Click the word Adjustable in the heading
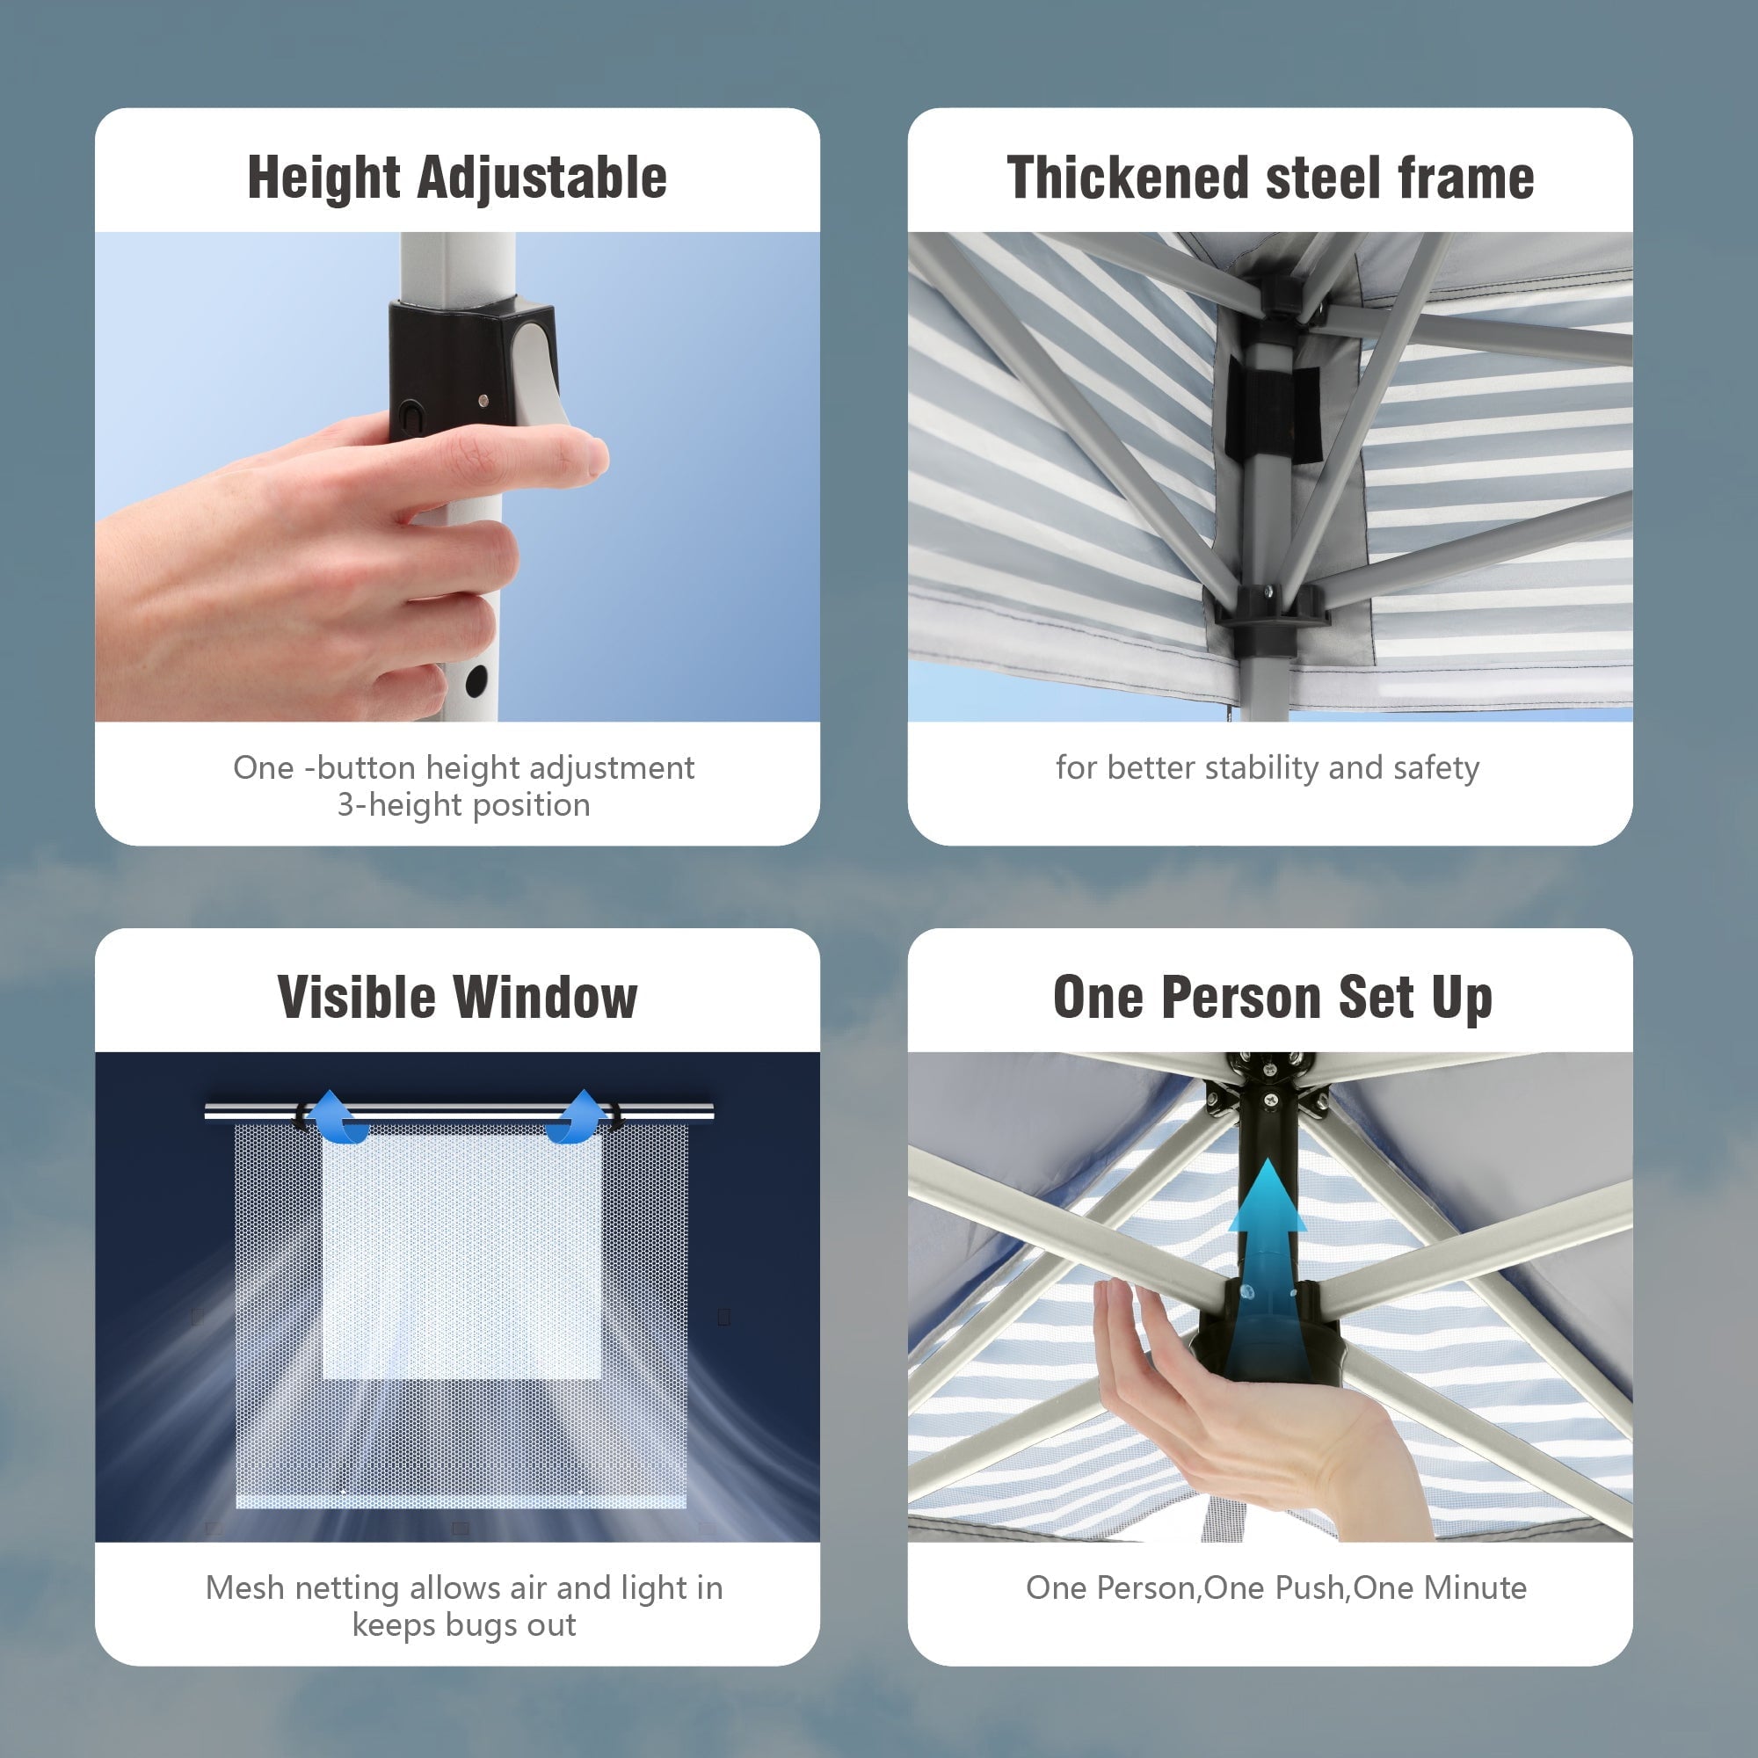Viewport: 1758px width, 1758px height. [542, 178]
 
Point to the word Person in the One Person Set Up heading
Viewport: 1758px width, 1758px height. [1244, 998]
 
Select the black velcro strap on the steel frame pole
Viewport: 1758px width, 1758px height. [1273, 407]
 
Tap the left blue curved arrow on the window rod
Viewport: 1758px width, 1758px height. [338, 1116]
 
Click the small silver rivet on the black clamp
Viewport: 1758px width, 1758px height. [483, 399]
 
